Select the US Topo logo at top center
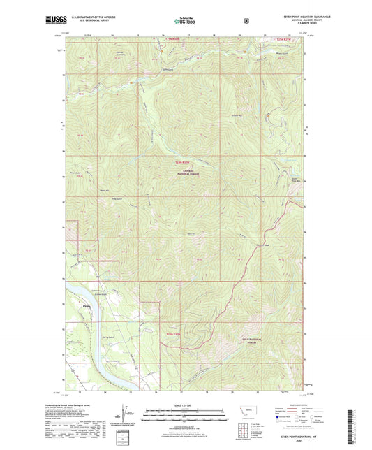pyautogui.click(x=186, y=20)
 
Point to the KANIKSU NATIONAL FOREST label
pyautogui.click(x=184, y=170)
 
